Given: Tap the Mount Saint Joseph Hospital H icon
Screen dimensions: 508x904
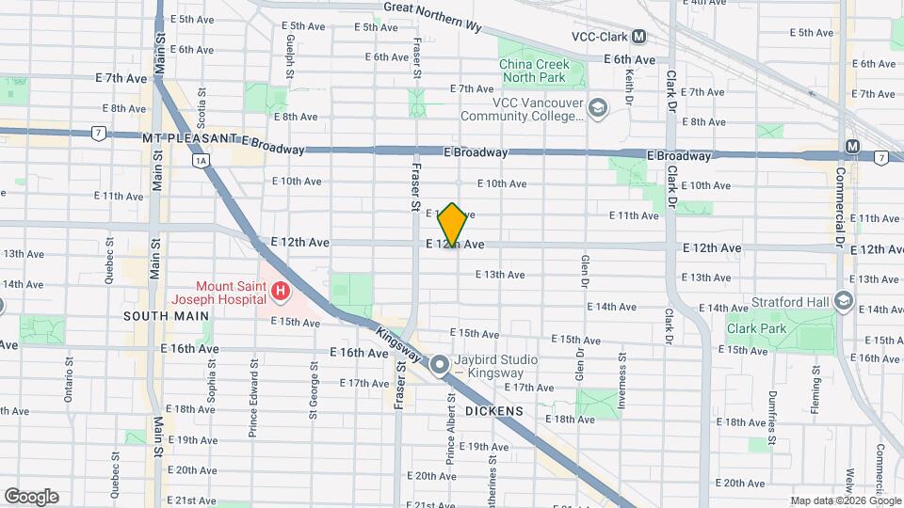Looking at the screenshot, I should [280, 294].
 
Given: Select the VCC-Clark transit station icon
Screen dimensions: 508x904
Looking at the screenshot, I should [639, 37].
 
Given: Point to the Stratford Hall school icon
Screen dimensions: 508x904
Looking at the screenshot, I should [843, 301].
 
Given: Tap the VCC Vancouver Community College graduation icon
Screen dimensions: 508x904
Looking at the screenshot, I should [596, 109].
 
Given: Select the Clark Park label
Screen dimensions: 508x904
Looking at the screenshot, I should [752, 329].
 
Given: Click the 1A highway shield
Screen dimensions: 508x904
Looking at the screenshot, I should [200, 161].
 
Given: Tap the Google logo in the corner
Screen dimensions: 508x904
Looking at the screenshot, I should [31, 496].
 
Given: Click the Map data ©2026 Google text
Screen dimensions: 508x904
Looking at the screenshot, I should [845, 500].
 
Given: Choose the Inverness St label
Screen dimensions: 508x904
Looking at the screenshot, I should [621, 382].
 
